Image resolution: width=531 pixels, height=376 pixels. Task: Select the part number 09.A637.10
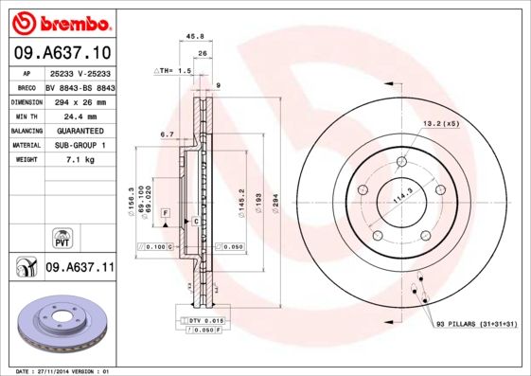click(63, 53)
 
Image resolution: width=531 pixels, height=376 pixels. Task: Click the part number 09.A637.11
click(80, 268)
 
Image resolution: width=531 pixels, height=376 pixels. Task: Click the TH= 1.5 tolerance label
click(175, 71)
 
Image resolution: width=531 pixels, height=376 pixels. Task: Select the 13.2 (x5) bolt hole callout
click(440, 122)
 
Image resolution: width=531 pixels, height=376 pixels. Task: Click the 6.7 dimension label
click(167, 134)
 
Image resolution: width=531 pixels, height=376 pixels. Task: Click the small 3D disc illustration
click(63, 324)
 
